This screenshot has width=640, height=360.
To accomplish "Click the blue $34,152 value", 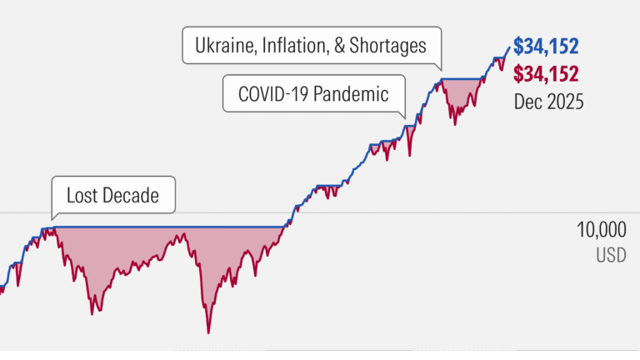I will coord(547,45).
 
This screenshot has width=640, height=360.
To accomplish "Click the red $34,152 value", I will coord(547,73).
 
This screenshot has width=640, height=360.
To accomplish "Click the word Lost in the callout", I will coord(82,196).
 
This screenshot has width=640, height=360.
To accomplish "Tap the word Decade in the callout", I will coord(131,196).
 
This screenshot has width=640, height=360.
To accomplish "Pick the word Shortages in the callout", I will coord(390,45).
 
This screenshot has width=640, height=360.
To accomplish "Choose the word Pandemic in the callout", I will coord(355,94).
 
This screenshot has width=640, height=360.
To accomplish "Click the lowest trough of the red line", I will coord(207,332).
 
